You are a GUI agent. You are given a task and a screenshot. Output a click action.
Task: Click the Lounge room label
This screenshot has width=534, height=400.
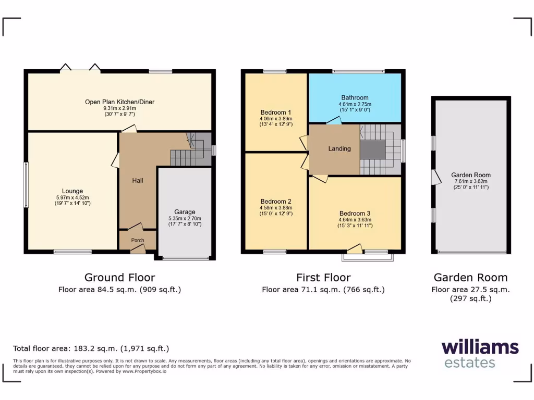point(72,191)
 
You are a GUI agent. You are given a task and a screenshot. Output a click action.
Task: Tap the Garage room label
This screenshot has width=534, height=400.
point(185,212)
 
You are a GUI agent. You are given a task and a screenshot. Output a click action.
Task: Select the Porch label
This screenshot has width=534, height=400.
point(138,240)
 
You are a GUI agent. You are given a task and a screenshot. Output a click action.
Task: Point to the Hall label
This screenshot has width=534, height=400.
point(138,181)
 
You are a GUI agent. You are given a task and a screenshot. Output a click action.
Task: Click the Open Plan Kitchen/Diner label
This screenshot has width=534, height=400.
point(120,102)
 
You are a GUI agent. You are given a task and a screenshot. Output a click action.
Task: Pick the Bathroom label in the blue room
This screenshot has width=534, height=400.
point(355,97)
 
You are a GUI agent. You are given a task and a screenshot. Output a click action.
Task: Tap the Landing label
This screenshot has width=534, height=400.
point(339,149)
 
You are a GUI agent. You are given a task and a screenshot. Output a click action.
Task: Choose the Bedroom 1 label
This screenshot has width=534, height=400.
point(275,113)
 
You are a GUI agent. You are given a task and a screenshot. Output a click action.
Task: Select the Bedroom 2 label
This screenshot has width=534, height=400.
point(275,202)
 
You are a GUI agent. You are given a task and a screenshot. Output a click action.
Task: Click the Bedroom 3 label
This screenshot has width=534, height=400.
point(355,214)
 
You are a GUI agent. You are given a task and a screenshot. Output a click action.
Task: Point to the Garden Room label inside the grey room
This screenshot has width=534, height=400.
point(471,176)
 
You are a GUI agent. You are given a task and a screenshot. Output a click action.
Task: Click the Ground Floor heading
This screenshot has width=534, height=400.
point(119,278)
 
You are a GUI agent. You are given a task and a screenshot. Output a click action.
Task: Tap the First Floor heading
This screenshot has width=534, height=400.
point(323,278)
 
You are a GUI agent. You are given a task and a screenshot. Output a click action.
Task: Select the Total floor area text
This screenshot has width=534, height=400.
point(91,348)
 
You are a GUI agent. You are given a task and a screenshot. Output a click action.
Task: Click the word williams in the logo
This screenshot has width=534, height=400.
point(480,347)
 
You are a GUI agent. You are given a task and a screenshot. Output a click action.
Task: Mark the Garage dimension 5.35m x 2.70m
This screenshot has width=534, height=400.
point(185,218)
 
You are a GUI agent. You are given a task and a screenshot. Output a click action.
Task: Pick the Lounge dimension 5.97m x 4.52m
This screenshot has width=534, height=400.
point(72,197)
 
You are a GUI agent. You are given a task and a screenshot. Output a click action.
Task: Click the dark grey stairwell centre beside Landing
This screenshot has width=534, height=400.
point(372,149)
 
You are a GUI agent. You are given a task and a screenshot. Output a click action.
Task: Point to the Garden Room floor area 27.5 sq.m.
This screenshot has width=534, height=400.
point(471,290)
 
